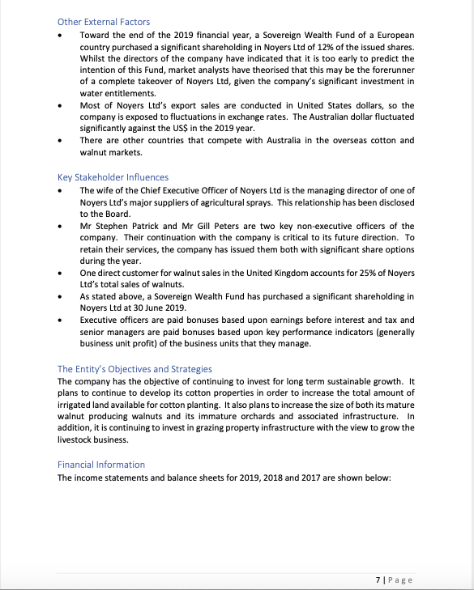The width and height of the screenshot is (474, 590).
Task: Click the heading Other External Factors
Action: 104,22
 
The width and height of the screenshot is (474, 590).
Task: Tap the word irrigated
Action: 77,404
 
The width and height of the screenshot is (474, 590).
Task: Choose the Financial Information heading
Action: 101,464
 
